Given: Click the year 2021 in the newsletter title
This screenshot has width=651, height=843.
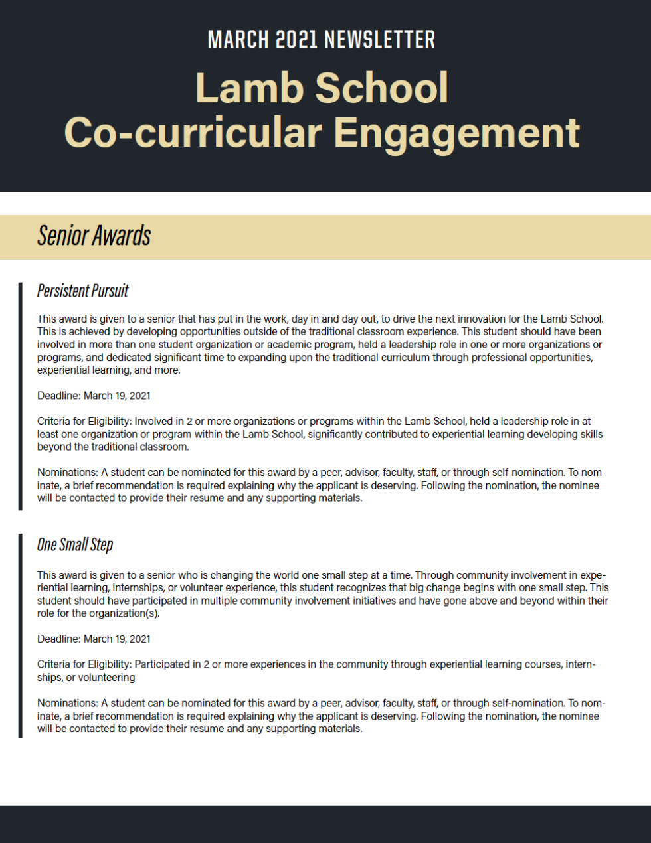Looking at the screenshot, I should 296,40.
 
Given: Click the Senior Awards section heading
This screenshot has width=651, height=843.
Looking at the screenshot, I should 94,236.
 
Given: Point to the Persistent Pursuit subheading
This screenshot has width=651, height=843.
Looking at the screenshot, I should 82,291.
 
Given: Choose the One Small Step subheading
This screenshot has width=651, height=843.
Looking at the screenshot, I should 75,545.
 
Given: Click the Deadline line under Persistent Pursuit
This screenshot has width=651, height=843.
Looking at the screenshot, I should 94,396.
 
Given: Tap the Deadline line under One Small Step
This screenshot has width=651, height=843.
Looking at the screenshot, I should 94,639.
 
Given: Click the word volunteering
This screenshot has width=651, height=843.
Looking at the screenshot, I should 106,678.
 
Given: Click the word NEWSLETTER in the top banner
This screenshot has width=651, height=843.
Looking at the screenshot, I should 380,40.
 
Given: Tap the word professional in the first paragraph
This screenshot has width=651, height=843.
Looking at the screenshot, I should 478,358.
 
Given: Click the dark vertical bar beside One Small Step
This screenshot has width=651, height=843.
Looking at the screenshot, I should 21,635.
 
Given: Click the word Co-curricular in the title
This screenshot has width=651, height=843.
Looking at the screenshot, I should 193,133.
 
